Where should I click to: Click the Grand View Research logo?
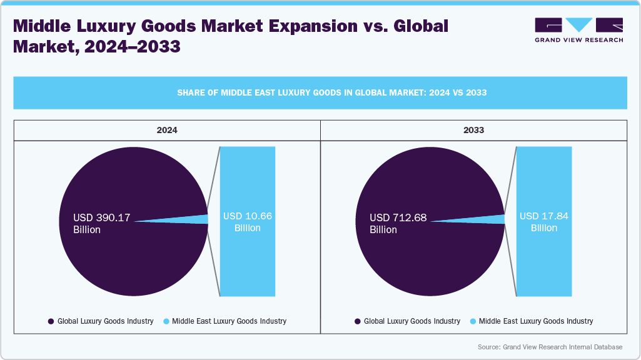578,29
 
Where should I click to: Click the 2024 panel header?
167,131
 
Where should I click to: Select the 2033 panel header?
473,131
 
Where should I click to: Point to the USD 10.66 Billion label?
248,222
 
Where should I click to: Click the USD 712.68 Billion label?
398,223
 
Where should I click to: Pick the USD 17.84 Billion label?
544,222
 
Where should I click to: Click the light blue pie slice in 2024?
201,219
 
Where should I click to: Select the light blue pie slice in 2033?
498,219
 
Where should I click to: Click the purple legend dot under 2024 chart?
51,321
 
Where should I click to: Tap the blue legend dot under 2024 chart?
166,321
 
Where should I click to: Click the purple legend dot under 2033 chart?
358,321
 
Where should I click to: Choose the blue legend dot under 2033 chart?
473,321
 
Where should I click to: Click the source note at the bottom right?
550,347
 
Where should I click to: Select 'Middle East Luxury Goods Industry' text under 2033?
536,321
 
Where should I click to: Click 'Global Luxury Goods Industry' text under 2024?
105,321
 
